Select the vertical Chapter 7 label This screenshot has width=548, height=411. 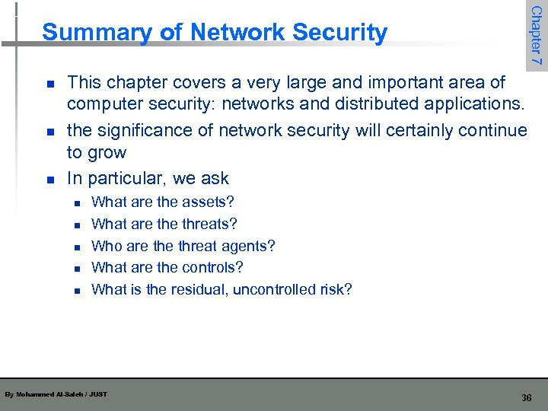536,35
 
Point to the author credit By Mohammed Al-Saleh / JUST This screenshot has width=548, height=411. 56,394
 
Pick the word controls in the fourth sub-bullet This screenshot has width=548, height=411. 212,268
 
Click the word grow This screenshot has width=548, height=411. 107,153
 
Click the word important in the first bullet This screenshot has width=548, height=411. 408,82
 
